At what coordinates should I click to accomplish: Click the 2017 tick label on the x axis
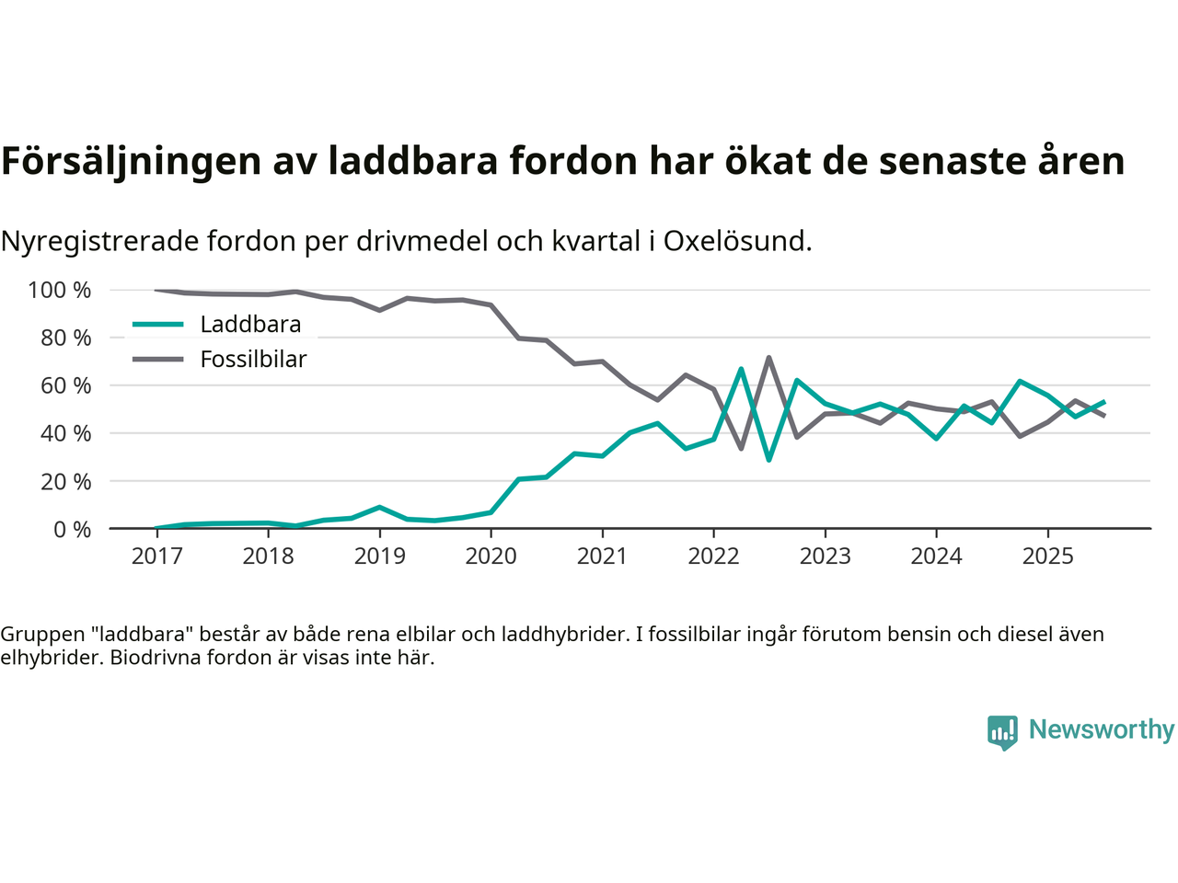[156, 556]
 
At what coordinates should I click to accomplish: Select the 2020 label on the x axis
[491, 556]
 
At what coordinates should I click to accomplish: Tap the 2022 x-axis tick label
[713, 556]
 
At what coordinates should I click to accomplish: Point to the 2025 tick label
[1047, 556]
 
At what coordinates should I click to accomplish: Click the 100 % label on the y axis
[60, 291]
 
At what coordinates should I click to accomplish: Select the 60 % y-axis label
[65, 385]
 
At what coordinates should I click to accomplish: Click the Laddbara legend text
[250, 325]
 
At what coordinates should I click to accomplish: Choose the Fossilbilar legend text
[253, 360]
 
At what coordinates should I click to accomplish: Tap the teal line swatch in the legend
[157, 325]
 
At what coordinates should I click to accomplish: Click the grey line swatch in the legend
[157, 360]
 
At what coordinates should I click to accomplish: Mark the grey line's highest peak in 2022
[768, 358]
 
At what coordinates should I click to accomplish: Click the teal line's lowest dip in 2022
[768, 459]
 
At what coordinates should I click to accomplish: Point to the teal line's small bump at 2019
[379, 507]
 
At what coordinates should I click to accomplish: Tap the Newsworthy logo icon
[1002, 732]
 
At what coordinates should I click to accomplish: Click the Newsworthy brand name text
[1101, 729]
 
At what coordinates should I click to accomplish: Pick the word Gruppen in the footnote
[40, 634]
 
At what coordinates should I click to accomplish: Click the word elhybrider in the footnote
[50, 658]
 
